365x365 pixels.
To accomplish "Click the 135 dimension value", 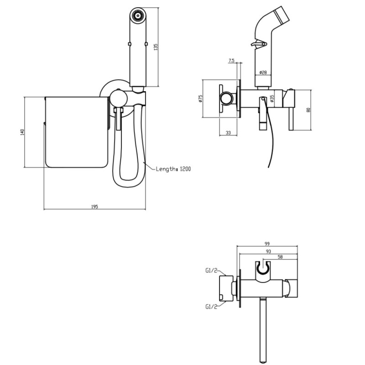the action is pos(156,47).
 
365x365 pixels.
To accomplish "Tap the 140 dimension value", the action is pos(22,132).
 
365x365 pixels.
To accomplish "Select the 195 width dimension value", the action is pos(94,207).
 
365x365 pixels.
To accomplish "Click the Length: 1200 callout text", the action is pos(173,169).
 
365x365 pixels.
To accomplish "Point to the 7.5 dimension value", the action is pos(231,61).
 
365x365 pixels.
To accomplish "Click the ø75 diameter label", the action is pos(201,98).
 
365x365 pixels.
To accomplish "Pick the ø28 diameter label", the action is pos(263,73).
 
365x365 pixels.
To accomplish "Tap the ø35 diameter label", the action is pos(272,98).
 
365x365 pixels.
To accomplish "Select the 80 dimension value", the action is pos(309,109).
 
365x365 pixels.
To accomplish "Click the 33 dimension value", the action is pos(229,132).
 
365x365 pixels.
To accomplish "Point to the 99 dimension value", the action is pos(267,244).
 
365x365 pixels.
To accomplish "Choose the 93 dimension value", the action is pos(268,251).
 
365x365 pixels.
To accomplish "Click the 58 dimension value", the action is pos(280,257).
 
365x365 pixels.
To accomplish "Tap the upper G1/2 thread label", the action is pos(211,270).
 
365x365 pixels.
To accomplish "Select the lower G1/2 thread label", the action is pos(211,307).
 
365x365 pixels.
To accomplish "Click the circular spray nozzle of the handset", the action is pos(138,16).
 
